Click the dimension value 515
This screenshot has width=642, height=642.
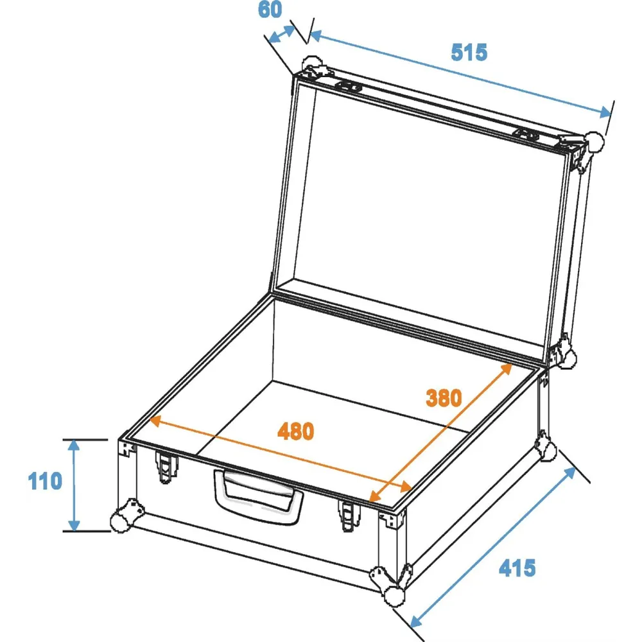pos(469,52)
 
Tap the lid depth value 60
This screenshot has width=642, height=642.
pos(270,10)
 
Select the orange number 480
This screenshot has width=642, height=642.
pos(295,431)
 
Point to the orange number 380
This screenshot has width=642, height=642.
pos(444,397)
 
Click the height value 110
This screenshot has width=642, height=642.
pos(45,481)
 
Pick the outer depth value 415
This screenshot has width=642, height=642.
pos(517,568)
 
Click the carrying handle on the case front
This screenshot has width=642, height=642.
pos(258,497)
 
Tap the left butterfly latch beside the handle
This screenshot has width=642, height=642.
pos(166,467)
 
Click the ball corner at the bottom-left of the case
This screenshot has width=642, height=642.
pos(121,521)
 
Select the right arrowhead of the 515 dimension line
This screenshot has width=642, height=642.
pos(605,112)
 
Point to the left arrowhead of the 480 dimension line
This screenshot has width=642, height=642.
pos(155,421)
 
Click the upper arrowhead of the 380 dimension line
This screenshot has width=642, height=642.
pos(507,368)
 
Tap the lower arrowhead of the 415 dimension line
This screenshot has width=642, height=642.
pos(415,621)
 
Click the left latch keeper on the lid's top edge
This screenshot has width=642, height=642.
pos(349,87)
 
